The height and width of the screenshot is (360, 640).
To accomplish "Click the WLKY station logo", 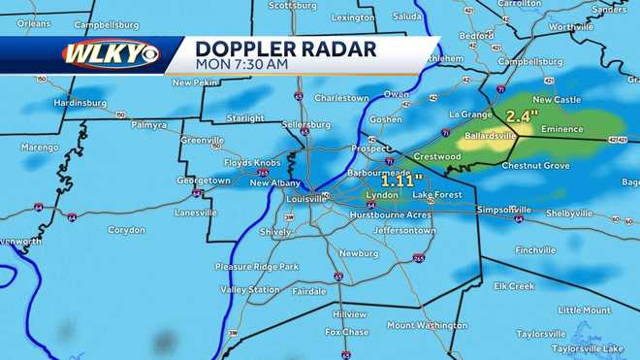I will click(x=110, y=53).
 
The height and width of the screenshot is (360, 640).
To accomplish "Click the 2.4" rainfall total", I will click(x=522, y=117).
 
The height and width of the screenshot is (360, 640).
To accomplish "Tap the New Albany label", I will click(x=274, y=182).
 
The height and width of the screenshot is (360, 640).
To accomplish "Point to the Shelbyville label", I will click(x=568, y=213).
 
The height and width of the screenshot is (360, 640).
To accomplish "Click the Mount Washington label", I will click(x=428, y=325).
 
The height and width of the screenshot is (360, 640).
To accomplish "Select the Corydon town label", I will click(x=126, y=230).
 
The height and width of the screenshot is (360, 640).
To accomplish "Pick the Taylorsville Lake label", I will click(x=588, y=347).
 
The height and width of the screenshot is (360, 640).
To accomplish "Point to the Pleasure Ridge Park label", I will click(x=256, y=266).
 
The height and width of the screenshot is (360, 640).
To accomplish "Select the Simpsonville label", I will click(x=503, y=209).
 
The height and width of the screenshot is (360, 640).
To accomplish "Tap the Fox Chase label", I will click(x=345, y=332).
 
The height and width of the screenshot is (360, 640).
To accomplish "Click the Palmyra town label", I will click(x=148, y=124).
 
